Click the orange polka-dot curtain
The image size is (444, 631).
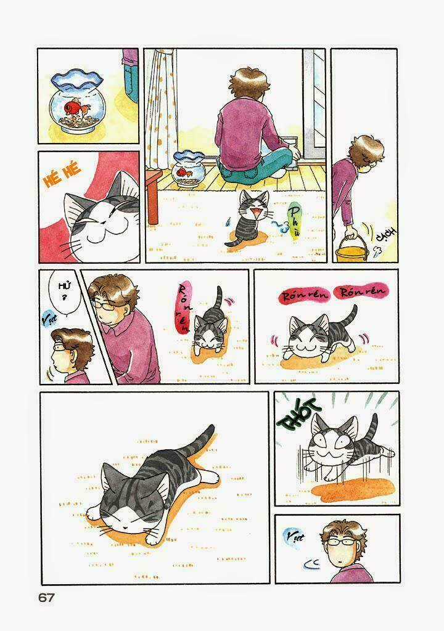pos(162,105)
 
